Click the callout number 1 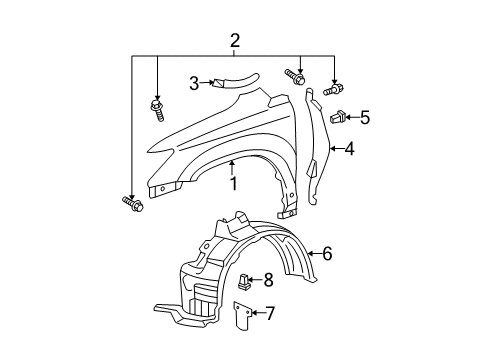pyautogui.click(x=234, y=184)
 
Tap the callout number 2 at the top pyautogui.click(x=235, y=41)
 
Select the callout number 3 pyautogui.click(x=194, y=83)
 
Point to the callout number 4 pyautogui.click(x=349, y=149)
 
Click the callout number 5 pyautogui.click(x=365, y=117)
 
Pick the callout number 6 pyautogui.click(x=327, y=254)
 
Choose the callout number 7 pyautogui.click(x=269, y=313)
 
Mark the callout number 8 pyautogui.click(x=268, y=280)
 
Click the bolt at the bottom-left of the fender pyautogui.click(x=133, y=204)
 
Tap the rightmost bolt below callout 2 pyautogui.click(x=333, y=89)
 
